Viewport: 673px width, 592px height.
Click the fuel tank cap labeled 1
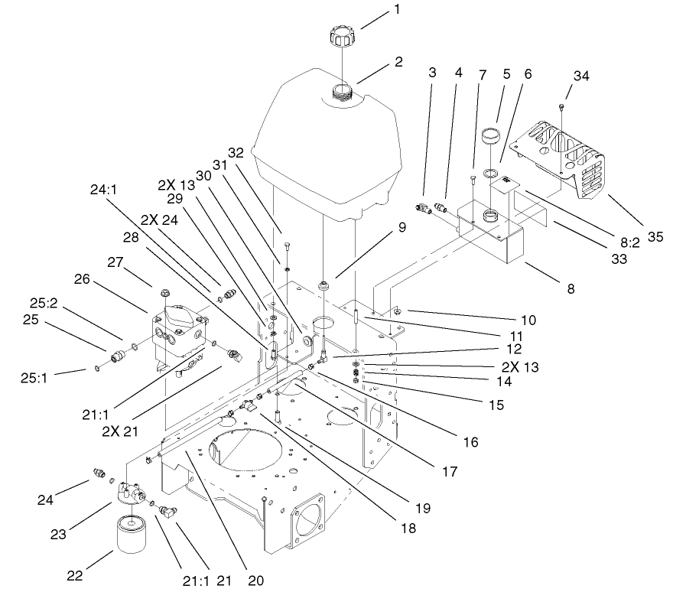click(x=340, y=35)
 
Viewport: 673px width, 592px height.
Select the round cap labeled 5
click(x=489, y=141)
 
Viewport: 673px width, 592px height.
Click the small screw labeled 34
click(x=562, y=106)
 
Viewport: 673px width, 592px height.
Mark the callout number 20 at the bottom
click(x=256, y=580)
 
